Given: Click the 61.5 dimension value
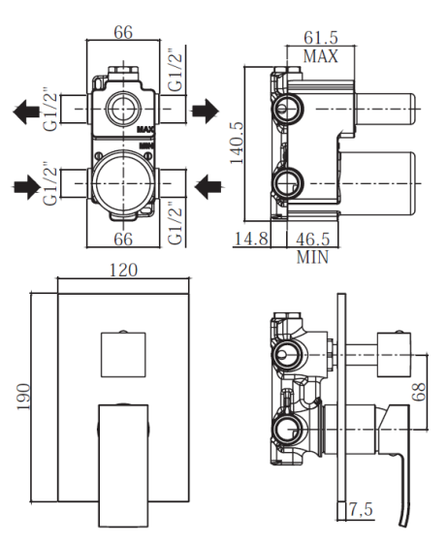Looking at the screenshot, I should [x=320, y=38].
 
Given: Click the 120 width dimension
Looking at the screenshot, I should [x=123, y=270].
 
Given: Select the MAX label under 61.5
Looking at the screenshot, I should [x=320, y=56].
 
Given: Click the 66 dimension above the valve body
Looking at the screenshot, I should [x=123, y=32].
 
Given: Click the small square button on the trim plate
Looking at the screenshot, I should [x=123, y=354].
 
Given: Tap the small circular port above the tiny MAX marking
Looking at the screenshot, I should [x=123, y=109].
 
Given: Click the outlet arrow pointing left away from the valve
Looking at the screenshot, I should [x=27, y=112].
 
